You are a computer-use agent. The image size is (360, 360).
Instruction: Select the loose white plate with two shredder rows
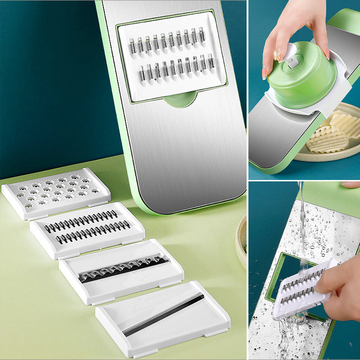coord(87,229)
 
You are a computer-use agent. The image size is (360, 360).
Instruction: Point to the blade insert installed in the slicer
coord(171,56)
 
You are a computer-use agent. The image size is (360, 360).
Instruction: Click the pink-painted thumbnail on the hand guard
coord(278,55)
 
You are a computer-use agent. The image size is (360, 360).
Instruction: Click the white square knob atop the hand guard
coord(293,62)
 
